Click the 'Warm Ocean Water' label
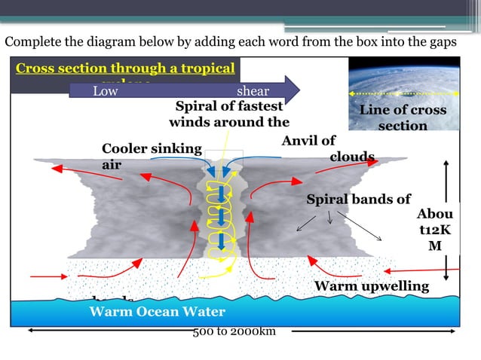157,311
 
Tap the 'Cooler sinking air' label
151,156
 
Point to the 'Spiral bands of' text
358,200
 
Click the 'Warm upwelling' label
371,286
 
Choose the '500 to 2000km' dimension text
234,332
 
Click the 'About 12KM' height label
435,230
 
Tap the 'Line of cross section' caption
403,117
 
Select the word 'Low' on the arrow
106,92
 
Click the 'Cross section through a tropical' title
125,69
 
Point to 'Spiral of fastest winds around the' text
229,114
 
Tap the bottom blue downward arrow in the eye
220,241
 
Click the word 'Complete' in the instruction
32,41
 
